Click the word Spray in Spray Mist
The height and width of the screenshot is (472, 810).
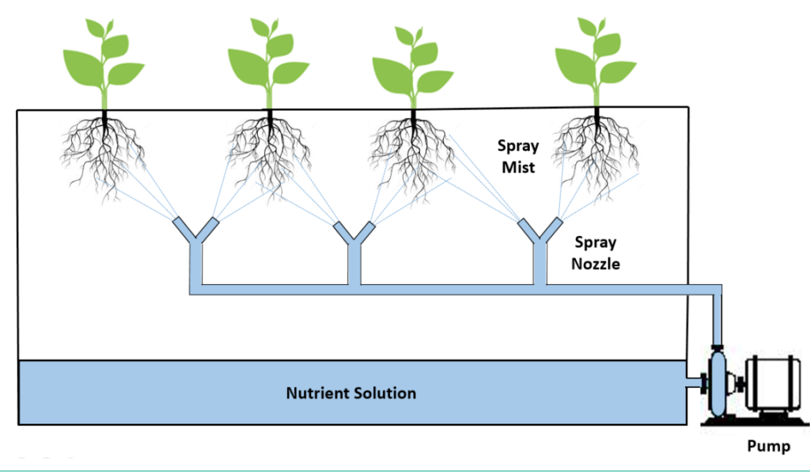click(518, 146)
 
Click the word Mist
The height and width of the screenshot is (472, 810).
click(518, 167)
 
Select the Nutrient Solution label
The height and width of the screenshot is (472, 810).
click(351, 393)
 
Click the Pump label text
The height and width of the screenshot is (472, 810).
click(768, 447)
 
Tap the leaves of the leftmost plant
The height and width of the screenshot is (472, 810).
click(103, 59)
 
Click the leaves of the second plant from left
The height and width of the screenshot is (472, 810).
click(269, 59)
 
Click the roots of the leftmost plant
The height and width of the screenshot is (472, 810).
click(103, 150)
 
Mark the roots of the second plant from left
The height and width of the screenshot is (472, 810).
click(269, 150)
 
